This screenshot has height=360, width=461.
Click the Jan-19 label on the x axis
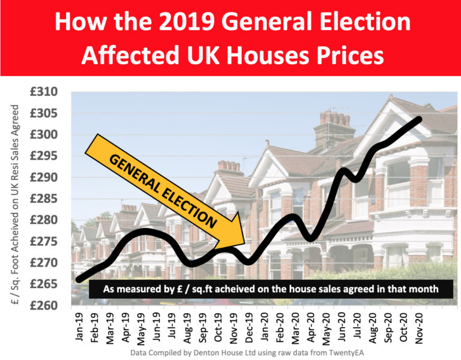coord(80,328)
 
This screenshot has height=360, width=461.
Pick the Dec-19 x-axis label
coord(248,328)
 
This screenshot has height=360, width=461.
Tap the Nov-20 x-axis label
coord(416,328)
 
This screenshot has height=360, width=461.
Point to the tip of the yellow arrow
coord(244,243)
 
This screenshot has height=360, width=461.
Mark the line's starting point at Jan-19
coord(79,280)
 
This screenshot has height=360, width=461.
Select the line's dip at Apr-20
coord(312,239)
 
